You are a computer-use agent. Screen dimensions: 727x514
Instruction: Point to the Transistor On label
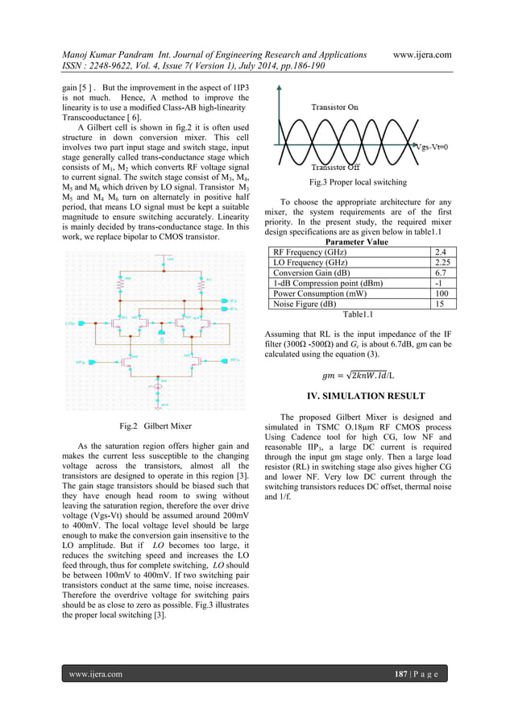336,106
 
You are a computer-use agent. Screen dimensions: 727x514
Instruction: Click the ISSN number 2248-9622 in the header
117,67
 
